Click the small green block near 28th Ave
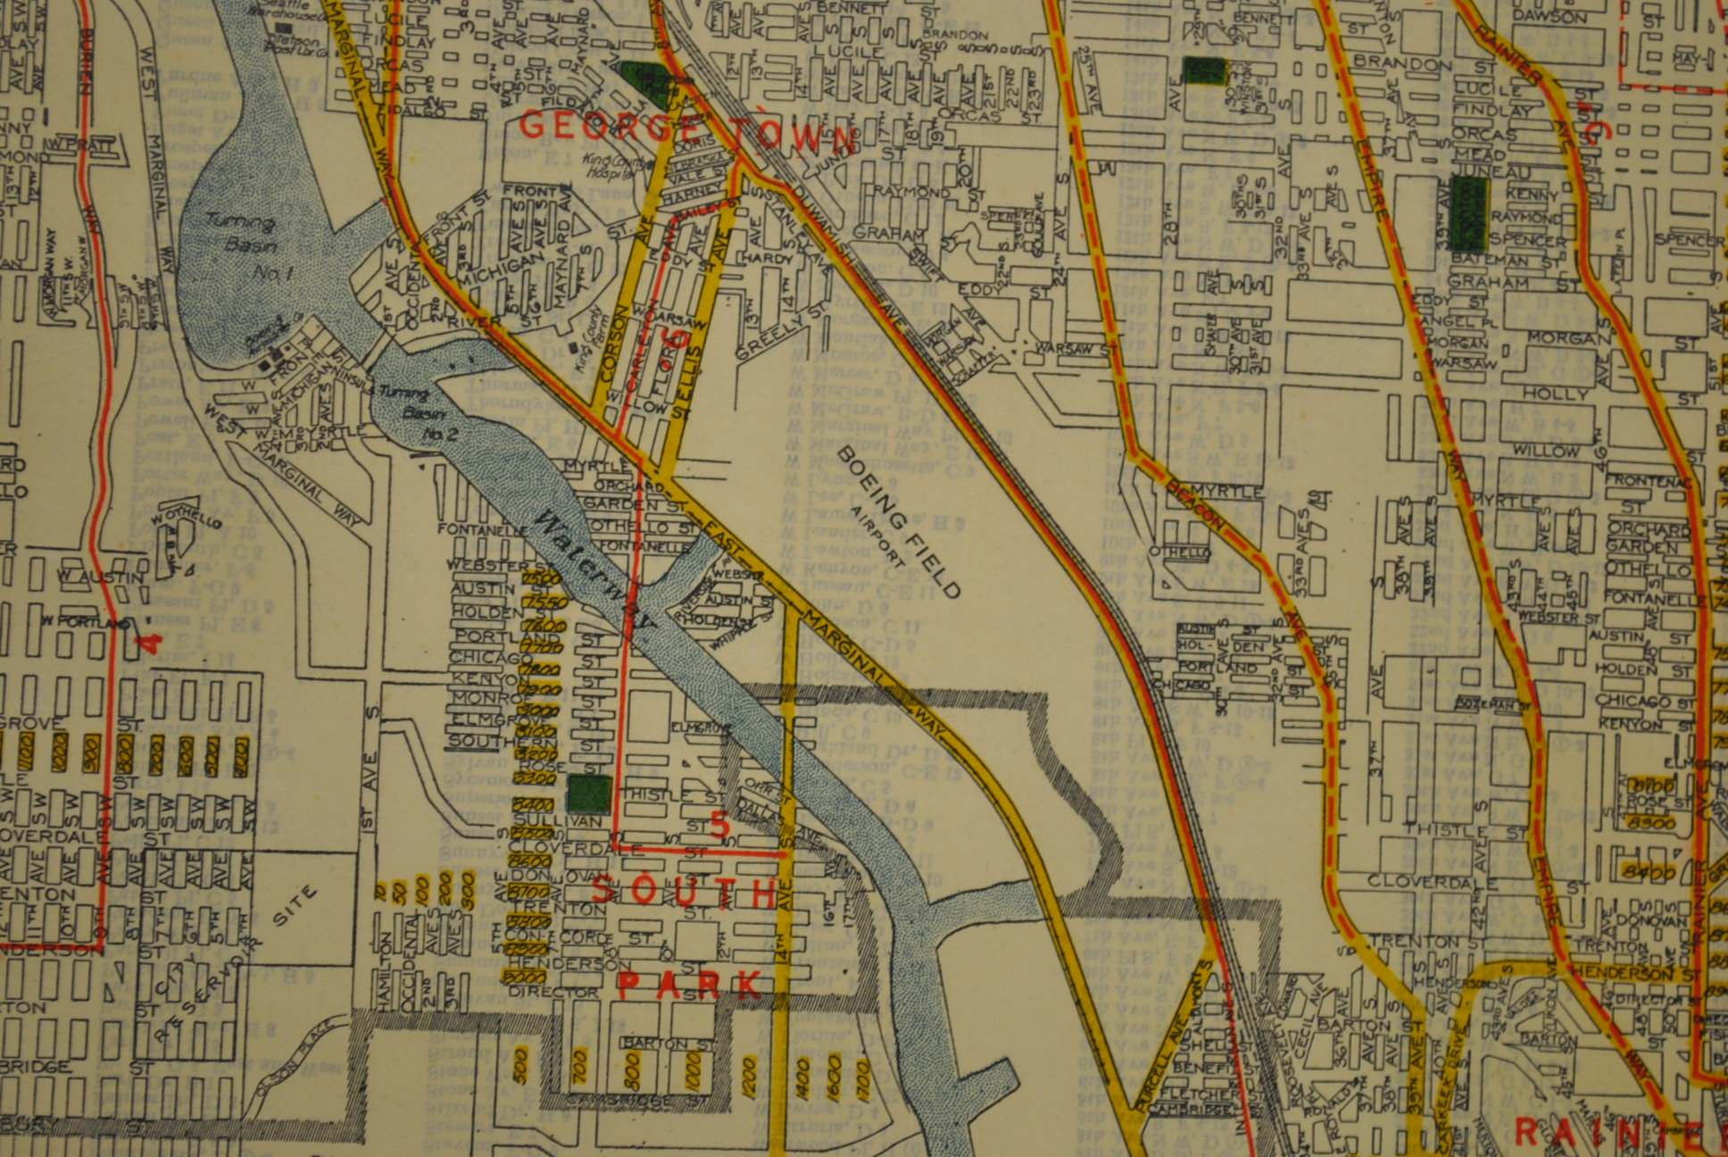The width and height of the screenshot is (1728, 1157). click(x=1204, y=70)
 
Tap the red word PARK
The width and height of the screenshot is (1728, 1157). click(x=690, y=985)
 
